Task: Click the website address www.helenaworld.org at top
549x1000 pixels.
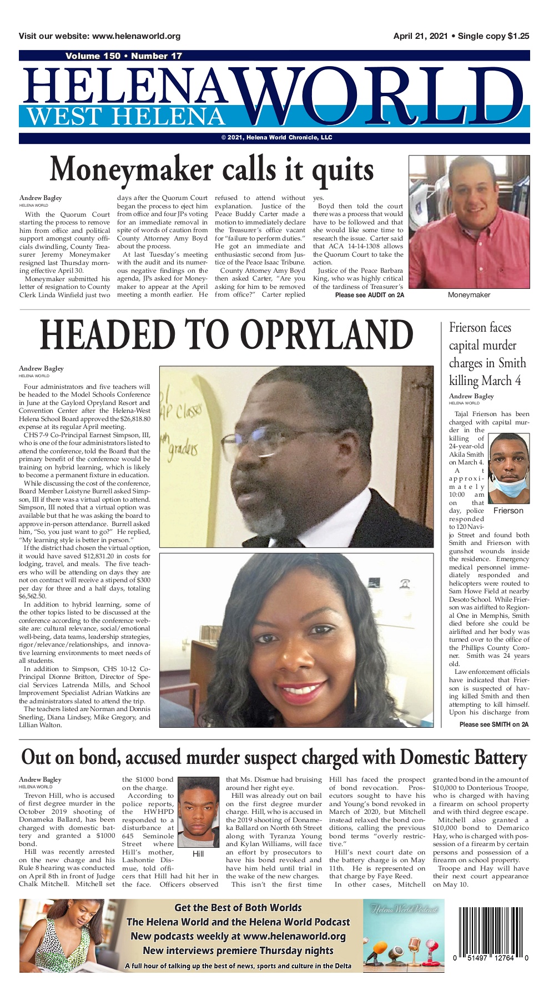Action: click(x=136, y=36)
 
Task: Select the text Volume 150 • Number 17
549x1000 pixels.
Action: click(x=123, y=56)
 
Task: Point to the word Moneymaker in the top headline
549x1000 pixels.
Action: click(x=132, y=170)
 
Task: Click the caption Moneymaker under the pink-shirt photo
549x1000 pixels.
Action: click(x=469, y=295)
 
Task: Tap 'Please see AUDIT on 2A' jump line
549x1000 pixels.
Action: click(x=369, y=295)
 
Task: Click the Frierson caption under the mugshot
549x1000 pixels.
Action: click(x=508, y=511)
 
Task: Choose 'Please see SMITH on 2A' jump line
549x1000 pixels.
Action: click(x=493, y=724)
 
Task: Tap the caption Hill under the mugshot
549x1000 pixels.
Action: click(x=198, y=854)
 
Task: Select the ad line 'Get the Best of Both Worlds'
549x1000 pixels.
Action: click(x=238, y=908)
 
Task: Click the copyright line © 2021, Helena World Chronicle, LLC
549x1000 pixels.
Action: click(x=276, y=138)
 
